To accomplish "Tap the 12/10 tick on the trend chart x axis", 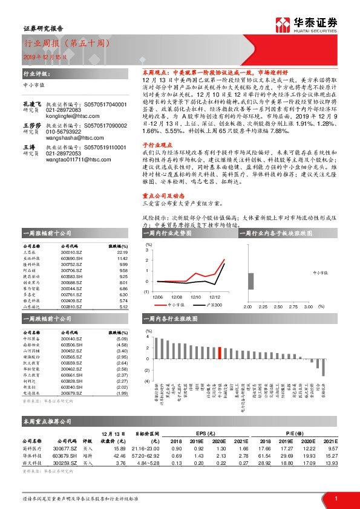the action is click(x=196, y=297).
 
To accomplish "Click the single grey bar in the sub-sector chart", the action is click(x=250, y=282).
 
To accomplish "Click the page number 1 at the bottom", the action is click(x=336, y=499).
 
